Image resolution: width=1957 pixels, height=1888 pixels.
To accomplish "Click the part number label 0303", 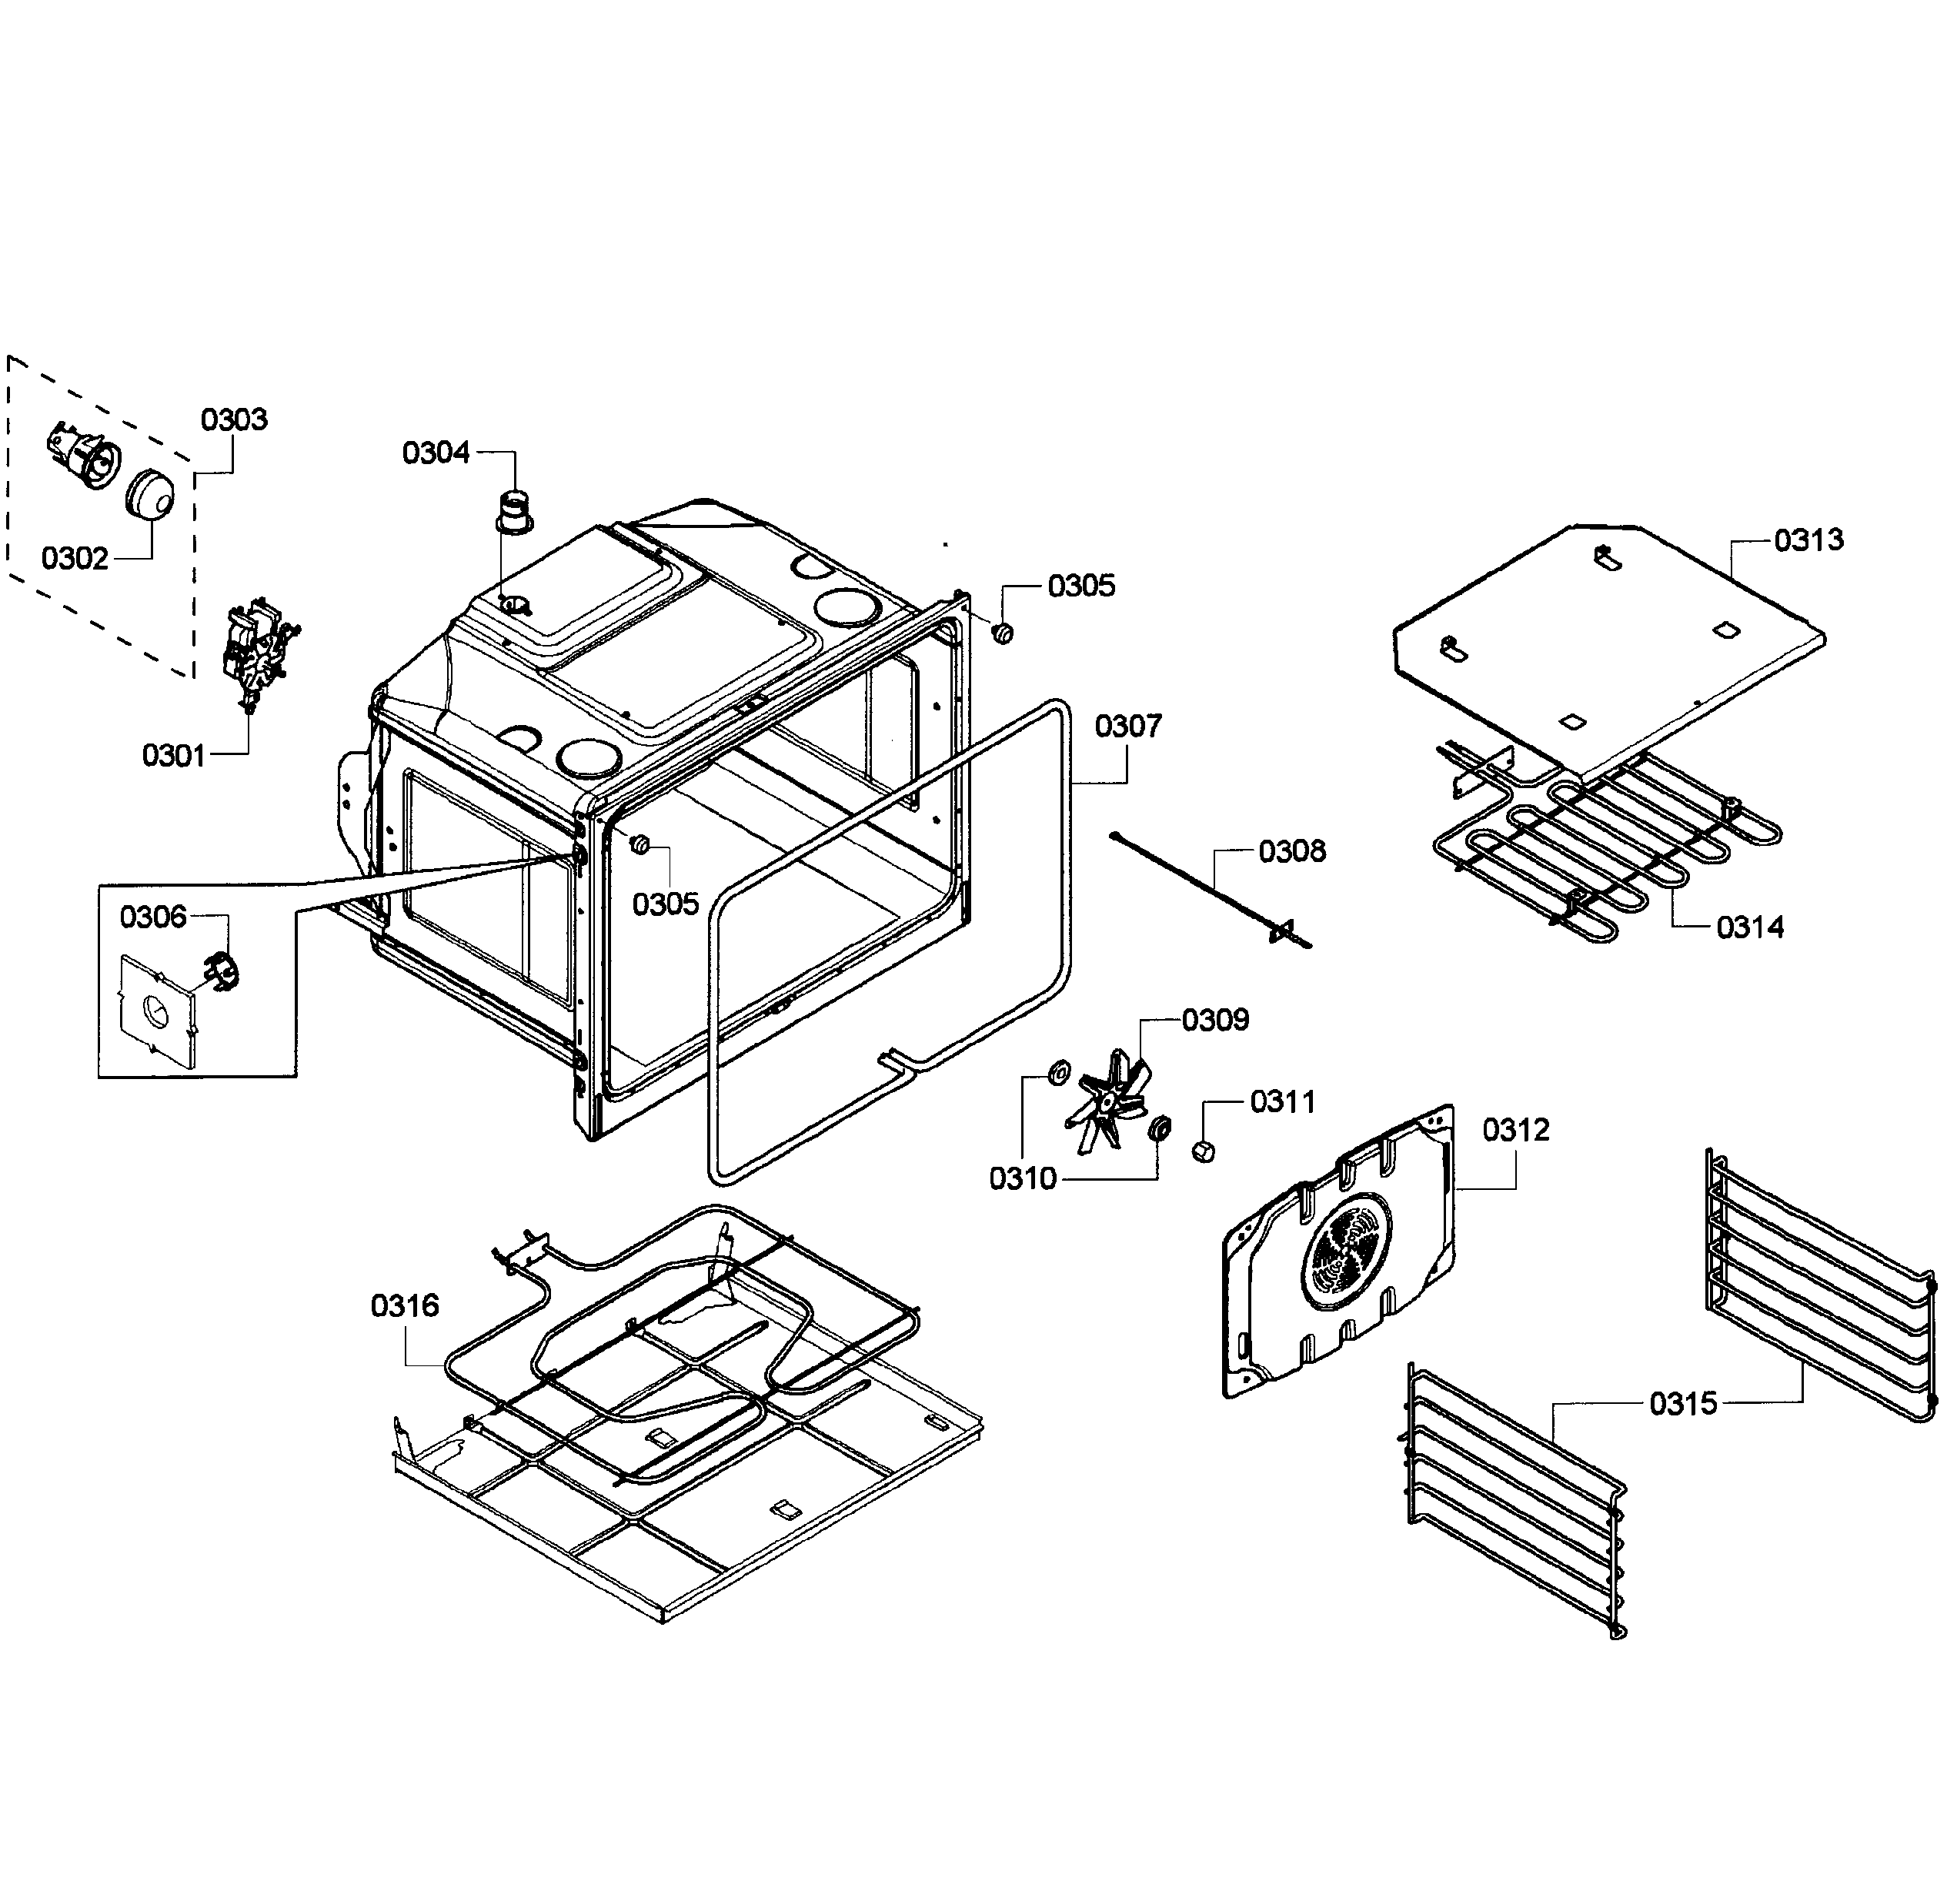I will pos(234,419).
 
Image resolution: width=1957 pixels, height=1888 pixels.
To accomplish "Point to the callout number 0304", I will pos(436,453).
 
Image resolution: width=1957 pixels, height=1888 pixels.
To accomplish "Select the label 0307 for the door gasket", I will pos(1127,726).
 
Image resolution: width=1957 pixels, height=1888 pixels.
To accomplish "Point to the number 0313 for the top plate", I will pos(1808,540).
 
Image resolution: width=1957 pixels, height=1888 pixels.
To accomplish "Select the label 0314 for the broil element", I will pos(1749,927).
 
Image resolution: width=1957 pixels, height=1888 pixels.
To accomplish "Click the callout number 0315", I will pos(1682,1404).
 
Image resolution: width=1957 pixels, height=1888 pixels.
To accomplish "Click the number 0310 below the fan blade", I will pos(1023,1179).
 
